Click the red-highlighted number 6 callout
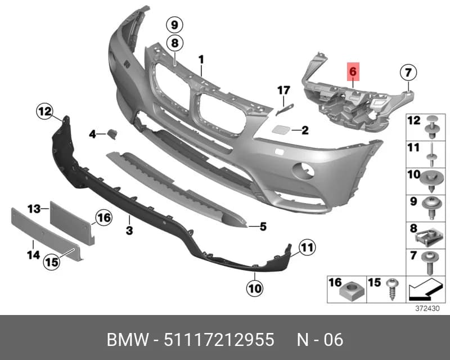pyautogui.click(x=353, y=71)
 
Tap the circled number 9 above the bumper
pyautogui.click(x=175, y=25)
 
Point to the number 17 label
pyautogui.click(x=283, y=91)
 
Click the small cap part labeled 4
pyautogui.click(x=112, y=134)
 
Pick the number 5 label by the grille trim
pyautogui.click(x=263, y=227)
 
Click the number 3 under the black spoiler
pyautogui.click(x=129, y=230)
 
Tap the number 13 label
pyautogui.click(x=34, y=209)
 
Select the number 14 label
pyautogui.click(x=33, y=255)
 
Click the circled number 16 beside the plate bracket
pyautogui.click(x=103, y=218)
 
